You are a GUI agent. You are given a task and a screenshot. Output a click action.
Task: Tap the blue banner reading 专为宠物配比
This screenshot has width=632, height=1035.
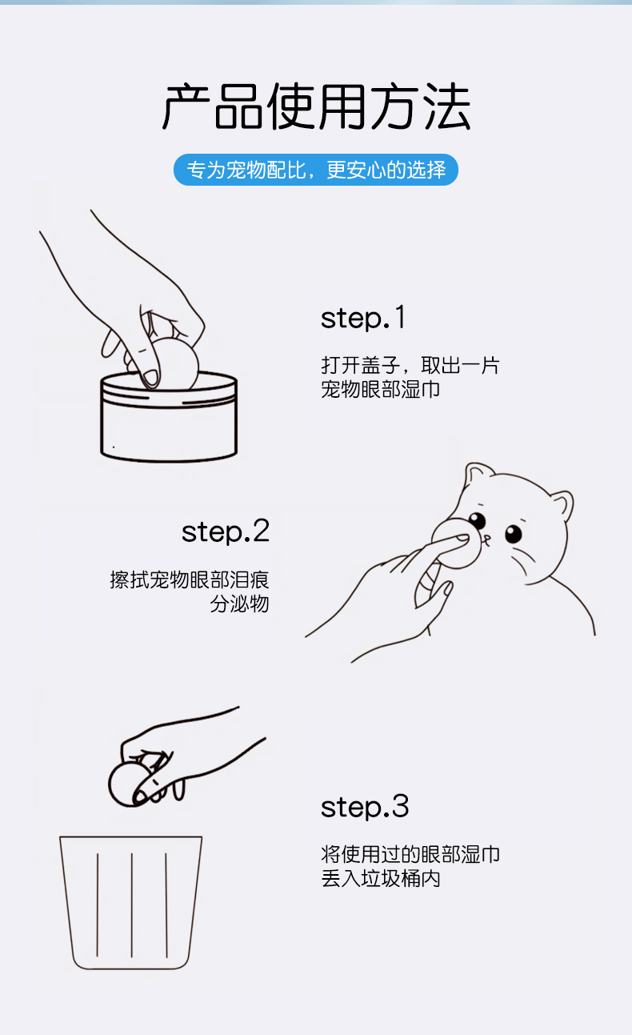coord(316,170)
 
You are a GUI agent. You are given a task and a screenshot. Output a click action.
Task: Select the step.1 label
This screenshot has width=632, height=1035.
coord(363,318)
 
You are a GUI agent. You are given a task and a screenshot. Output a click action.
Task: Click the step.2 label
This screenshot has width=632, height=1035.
coord(226,531)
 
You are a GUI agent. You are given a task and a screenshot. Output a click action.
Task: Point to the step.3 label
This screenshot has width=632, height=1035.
coord(365,806)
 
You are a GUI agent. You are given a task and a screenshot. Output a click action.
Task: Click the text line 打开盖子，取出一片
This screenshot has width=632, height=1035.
coord(410,366)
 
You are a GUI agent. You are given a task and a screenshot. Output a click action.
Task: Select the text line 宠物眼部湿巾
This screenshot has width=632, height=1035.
coord(380,391)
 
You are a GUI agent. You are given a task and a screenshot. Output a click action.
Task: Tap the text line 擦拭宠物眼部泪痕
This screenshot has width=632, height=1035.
coord(190,579)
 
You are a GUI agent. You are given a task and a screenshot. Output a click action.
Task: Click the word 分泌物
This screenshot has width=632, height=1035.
coord(239,604)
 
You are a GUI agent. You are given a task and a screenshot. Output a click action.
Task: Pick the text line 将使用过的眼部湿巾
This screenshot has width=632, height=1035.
coord(410,854)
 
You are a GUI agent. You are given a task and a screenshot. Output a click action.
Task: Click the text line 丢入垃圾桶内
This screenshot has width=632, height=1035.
coord(380,879)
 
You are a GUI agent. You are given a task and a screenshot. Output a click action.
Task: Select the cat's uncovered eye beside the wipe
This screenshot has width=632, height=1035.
coord(513,532)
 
